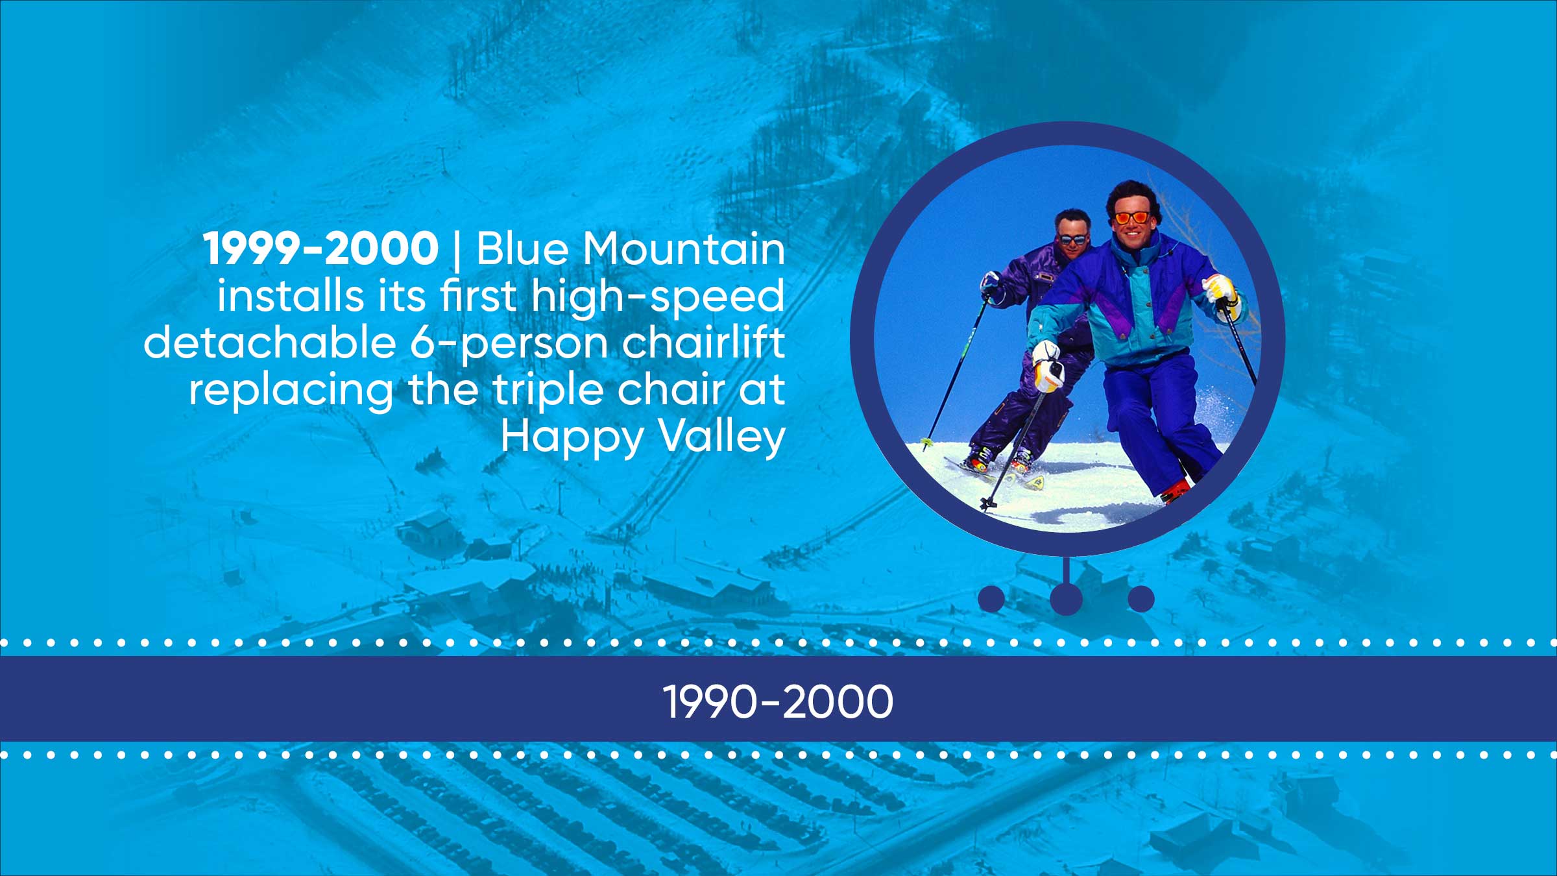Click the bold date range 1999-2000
point(321,249)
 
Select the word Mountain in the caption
point(684,249)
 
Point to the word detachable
point(270,342)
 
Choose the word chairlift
point(703,342)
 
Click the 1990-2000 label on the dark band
point(778,702)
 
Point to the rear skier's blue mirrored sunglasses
point(1072,239)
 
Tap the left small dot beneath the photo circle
point(991,598)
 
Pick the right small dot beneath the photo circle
point(1141,598)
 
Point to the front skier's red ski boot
point(1176,491)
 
